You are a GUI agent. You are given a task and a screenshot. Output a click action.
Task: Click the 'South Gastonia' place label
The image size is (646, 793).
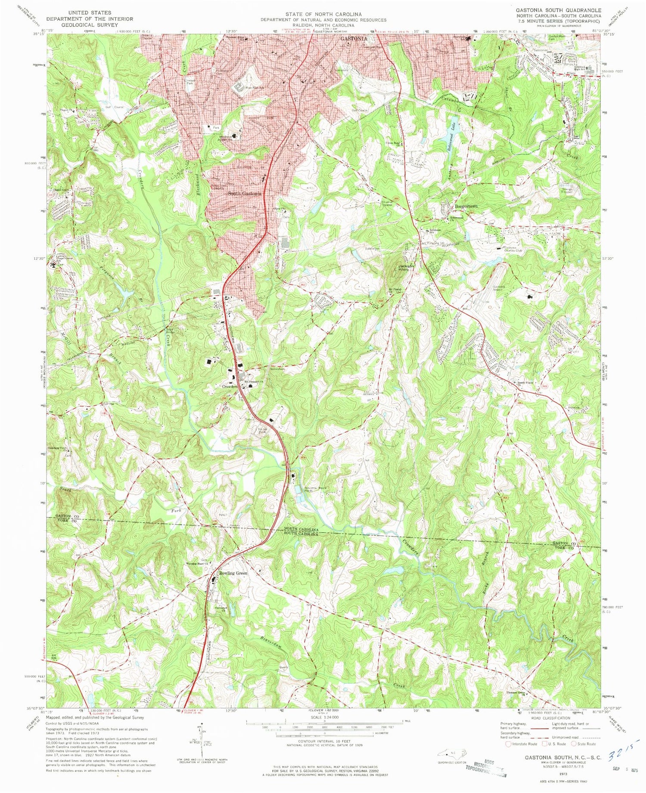click(x=244, y=194)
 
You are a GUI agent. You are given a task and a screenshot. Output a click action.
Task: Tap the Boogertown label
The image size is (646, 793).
click(x=466, y=207)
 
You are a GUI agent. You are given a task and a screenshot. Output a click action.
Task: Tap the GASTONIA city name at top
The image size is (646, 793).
click(x=354, y=39)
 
